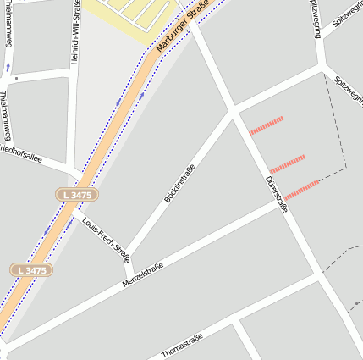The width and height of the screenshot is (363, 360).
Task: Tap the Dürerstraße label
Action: coord(277,194)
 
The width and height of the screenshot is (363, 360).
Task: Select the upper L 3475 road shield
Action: coord(77,195)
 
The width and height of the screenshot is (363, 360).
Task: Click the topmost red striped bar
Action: coord(266,125)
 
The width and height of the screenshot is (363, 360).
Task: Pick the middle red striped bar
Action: coord(287,163)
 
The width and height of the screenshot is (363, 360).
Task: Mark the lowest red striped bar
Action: coord(301,190)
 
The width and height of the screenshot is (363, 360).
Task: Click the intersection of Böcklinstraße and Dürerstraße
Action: coord(233,111)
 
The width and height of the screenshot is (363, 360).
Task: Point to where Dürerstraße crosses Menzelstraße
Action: coord(281,204)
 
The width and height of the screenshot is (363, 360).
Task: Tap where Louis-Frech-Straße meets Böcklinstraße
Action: coord(126,256)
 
